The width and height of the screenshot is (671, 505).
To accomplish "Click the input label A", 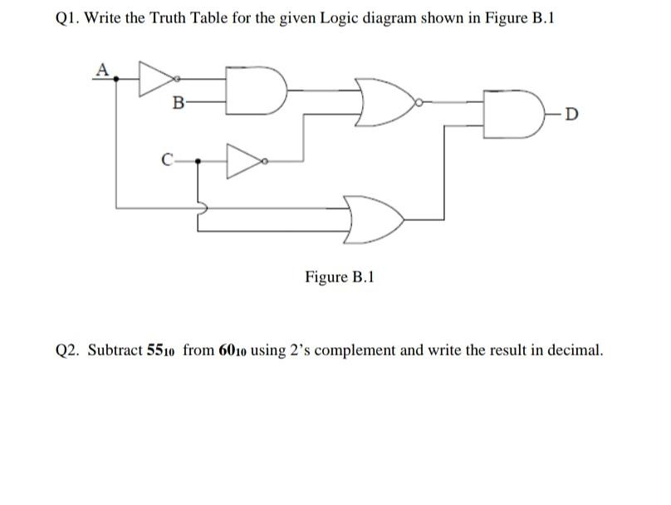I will pos(102,68).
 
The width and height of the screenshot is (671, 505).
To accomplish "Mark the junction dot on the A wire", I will pos(116,78).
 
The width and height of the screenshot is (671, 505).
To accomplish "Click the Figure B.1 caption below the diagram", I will pos(340,277).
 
